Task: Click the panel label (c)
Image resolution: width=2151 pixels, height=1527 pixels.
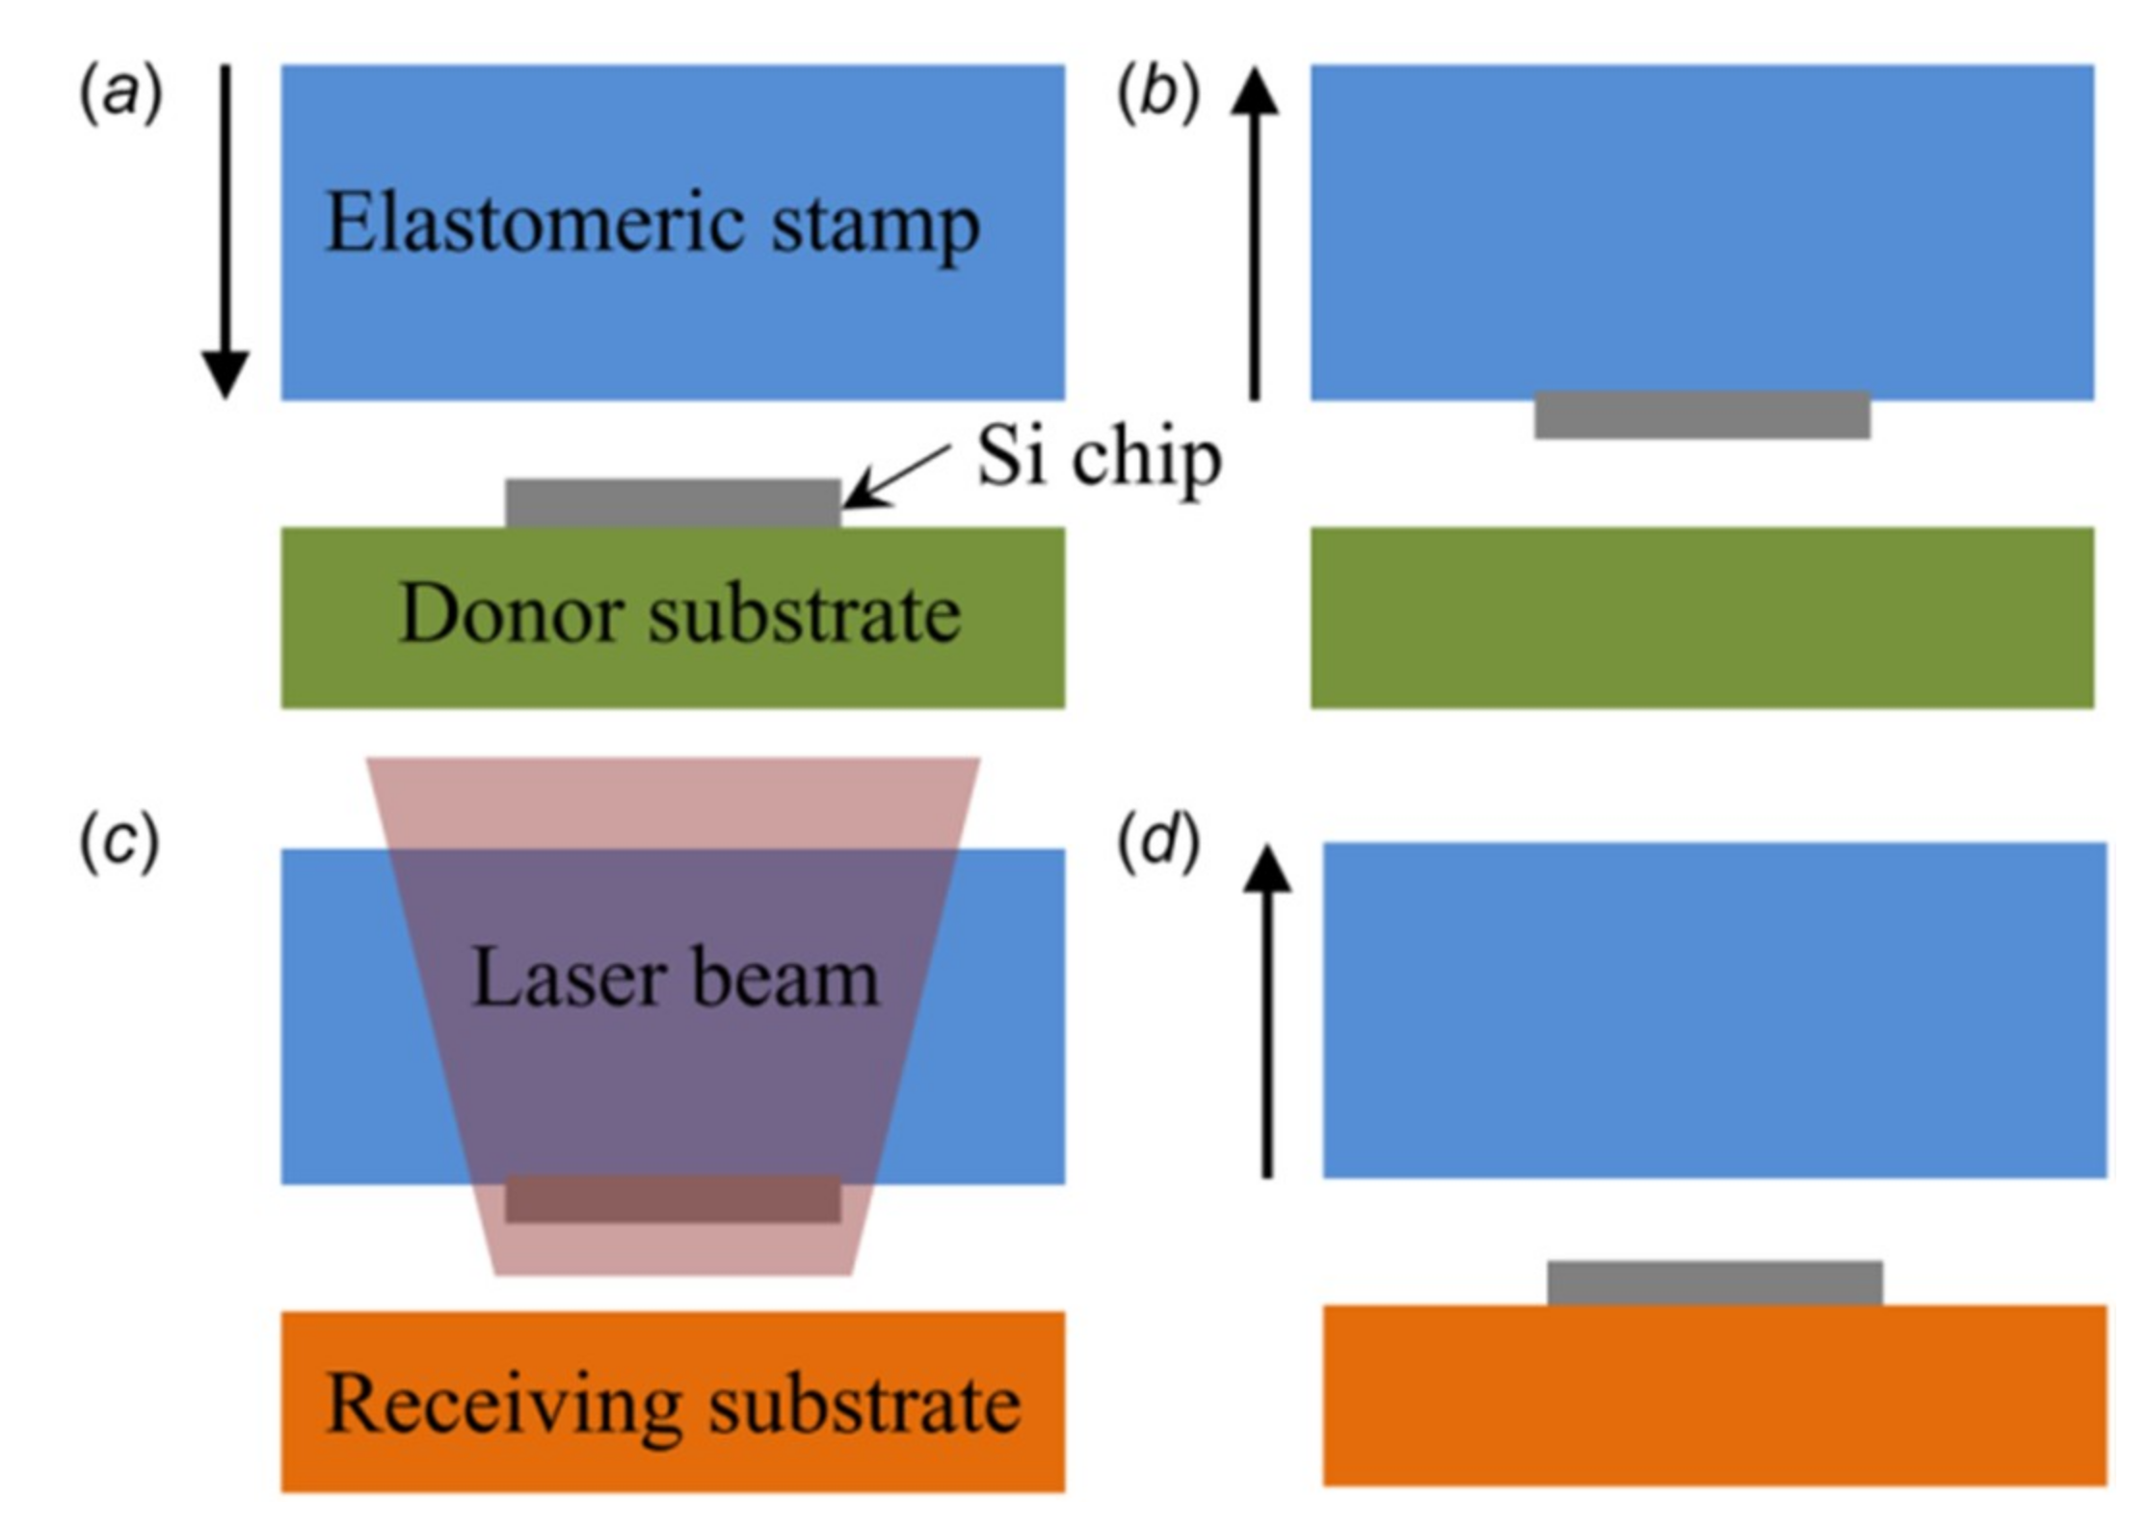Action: tap(119, 844)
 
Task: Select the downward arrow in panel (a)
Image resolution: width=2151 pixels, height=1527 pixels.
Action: tap(226, 231)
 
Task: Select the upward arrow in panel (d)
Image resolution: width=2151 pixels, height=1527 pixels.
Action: tap(1267, 1012)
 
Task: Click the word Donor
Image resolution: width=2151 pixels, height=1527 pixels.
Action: tap(511, 614)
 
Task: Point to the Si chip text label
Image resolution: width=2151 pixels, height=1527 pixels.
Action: tap(1099, 458)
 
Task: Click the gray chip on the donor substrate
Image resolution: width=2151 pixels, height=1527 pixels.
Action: tap(673, 502)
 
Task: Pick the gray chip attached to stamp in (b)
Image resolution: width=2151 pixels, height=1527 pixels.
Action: tap(1702, 415)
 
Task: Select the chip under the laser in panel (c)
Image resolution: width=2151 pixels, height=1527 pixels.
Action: tap(673, 1198)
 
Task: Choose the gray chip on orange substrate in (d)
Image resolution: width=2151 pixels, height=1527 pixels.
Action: tap(1714, 1282)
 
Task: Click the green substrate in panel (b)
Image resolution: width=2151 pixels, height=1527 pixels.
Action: tap(1702, 617)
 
